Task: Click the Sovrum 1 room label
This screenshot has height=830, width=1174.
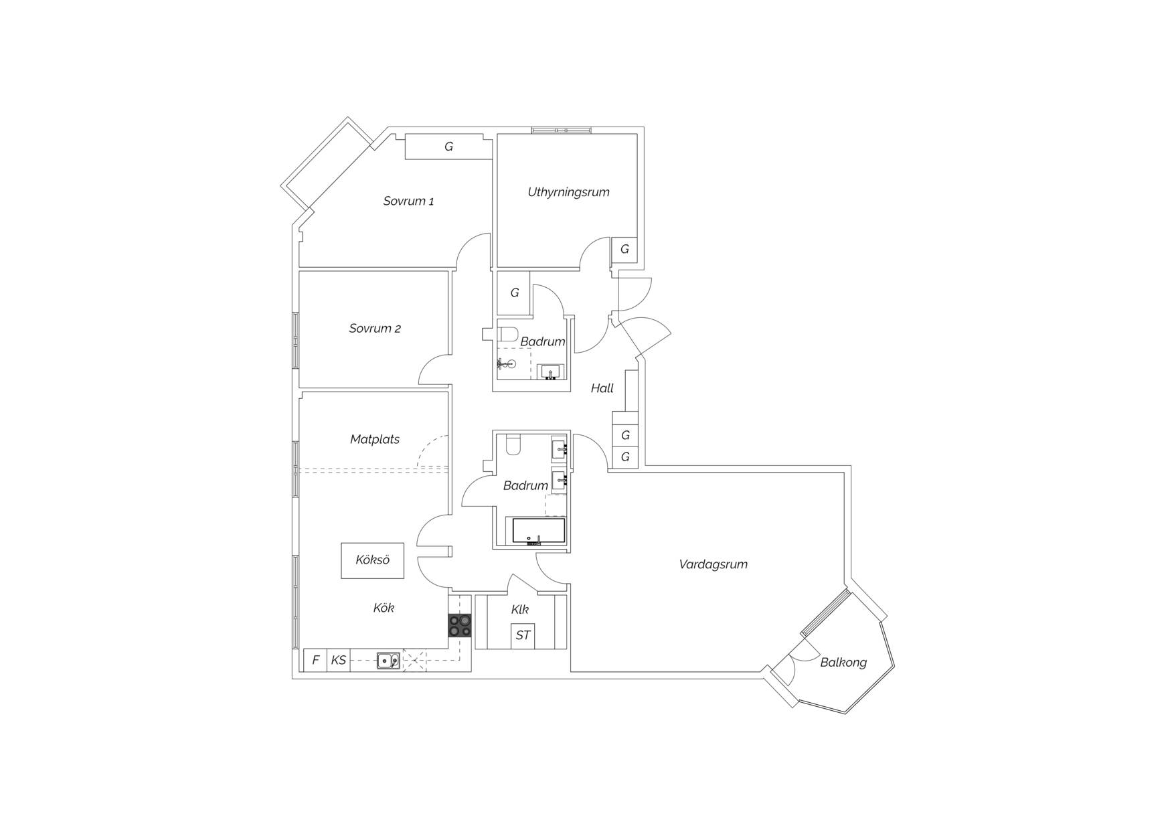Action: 408,201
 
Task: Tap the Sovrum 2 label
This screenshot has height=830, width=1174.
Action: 375,329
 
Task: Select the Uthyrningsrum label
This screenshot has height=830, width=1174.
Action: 568,192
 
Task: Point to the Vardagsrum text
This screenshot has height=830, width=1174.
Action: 713,564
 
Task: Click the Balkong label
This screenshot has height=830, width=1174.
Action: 843,663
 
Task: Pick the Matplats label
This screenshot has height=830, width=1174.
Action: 375,440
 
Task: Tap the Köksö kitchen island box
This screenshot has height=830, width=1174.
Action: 372,560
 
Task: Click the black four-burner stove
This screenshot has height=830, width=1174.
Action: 459,626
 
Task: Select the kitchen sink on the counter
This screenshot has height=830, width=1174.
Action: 388,661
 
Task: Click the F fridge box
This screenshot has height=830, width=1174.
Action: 315,660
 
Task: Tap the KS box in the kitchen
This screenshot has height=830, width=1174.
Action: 338,660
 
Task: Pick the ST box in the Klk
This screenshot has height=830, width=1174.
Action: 523,635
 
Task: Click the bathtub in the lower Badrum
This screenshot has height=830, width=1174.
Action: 539,531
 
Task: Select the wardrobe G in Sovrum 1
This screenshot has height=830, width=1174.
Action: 448,147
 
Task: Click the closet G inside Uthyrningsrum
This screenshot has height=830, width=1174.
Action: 624,250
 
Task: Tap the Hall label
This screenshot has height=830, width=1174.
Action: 602,388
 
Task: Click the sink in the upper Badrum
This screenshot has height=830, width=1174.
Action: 552,371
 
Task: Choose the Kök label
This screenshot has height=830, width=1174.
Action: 384,608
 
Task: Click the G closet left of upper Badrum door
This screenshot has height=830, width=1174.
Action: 514,293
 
